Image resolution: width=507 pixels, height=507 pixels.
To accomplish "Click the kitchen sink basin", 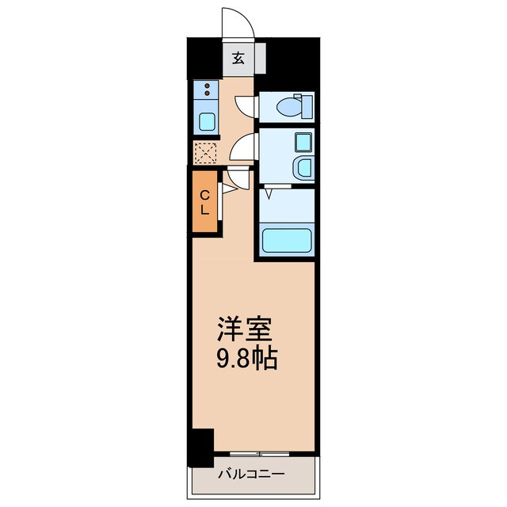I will click(206, 122).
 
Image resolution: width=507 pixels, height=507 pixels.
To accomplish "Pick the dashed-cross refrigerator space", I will click(205, 151).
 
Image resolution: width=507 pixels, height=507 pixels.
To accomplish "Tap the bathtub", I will click(286, 240).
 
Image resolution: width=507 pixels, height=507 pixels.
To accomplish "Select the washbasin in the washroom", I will click(303, 167).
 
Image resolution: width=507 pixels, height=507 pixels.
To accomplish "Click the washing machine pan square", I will click(303, 143).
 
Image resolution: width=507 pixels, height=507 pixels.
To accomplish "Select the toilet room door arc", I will click(248, 105).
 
